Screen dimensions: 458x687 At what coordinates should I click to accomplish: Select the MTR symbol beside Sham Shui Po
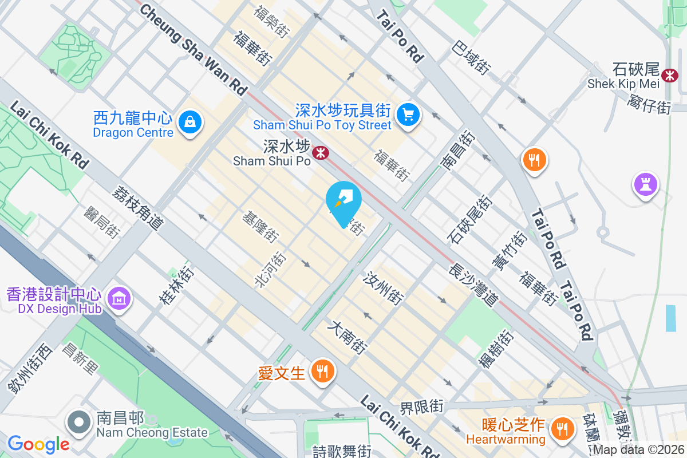click(319, 152)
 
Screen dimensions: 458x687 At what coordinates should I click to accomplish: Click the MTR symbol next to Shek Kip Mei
click(669, 75)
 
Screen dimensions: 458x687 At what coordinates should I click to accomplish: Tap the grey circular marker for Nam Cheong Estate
click(79, 423)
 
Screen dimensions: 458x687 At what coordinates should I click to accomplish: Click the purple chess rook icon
click(645, 185)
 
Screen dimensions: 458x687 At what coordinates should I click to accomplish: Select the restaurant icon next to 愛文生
click(323, 370)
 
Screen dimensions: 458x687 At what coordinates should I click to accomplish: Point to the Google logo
click(38, 444)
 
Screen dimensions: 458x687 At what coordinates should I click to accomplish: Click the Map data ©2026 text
click(638, 450)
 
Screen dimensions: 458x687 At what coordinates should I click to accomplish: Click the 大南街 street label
click(346, 337)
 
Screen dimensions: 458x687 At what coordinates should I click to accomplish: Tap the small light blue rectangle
click(670, 318)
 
